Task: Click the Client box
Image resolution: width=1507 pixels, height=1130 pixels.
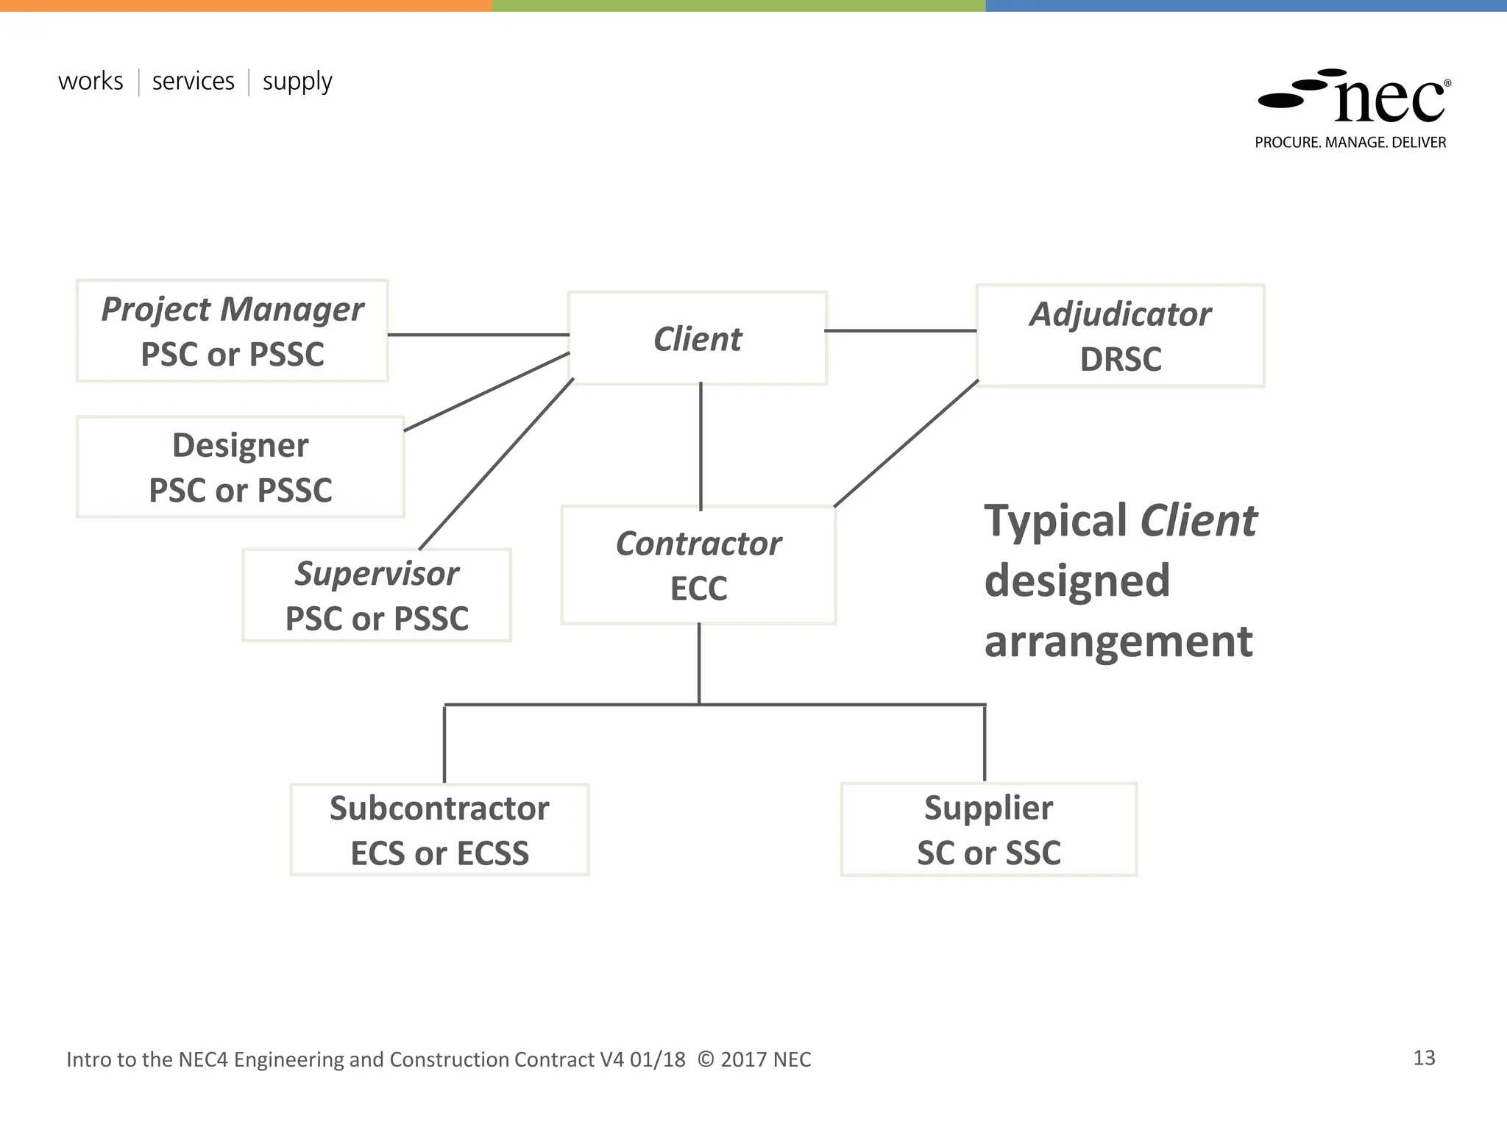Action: point(698,338)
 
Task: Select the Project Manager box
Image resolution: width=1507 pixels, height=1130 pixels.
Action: point(232,331)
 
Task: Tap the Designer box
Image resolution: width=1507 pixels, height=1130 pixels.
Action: point(240,467)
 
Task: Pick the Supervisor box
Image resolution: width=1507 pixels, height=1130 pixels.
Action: point(376,595)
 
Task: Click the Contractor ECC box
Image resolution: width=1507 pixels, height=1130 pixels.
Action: point(698,565)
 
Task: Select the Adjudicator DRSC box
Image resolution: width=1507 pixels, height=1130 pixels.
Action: point(1120,336)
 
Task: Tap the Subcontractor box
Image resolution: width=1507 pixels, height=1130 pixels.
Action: point(439,830)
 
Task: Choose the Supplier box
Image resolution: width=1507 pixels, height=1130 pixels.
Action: point(988,830)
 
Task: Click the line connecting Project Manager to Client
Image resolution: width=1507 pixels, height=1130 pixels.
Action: point(478,335)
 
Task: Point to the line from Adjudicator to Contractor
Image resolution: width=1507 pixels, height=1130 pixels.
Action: point(907,444)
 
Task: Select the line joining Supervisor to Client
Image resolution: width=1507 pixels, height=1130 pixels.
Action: point(497,463)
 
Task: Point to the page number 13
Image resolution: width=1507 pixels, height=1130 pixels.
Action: point(1424,1058)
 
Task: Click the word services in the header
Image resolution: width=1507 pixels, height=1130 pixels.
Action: point(193,81)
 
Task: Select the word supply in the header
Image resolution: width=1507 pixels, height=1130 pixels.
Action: point(297,81)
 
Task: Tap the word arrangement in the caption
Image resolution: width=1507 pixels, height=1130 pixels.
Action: point(1118,642)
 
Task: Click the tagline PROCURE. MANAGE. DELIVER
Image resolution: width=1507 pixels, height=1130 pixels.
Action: point(1350,143)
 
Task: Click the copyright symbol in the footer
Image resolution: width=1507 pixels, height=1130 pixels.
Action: point(705,1059)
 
